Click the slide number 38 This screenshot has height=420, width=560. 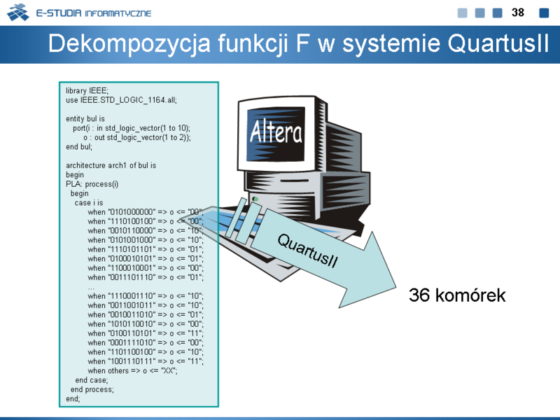point(517,13)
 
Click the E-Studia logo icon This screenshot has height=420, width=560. point(18,13)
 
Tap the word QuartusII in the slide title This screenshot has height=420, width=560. point(498,43)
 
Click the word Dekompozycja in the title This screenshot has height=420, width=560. point(129,44)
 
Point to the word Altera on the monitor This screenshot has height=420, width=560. point(276,132)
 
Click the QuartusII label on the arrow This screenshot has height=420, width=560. point(307,251)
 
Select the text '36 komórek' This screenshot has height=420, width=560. point(457,295)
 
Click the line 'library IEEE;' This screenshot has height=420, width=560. point(87,91)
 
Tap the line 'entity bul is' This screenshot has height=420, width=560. point(85,118)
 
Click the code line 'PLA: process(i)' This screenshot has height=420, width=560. point(92,184)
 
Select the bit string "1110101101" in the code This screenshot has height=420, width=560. point(132,249)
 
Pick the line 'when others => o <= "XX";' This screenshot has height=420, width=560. point(132,371)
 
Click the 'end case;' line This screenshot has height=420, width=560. point(92,380)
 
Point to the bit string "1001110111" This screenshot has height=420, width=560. point(132,361)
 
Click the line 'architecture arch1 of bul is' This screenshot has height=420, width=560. point(111,165)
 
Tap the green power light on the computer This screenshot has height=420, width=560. point(255,199)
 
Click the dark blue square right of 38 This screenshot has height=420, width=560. point(544,13)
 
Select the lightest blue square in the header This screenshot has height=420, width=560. point(462,13)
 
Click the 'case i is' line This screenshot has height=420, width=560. point(89,202)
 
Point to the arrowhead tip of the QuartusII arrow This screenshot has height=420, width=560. point(396,287)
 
